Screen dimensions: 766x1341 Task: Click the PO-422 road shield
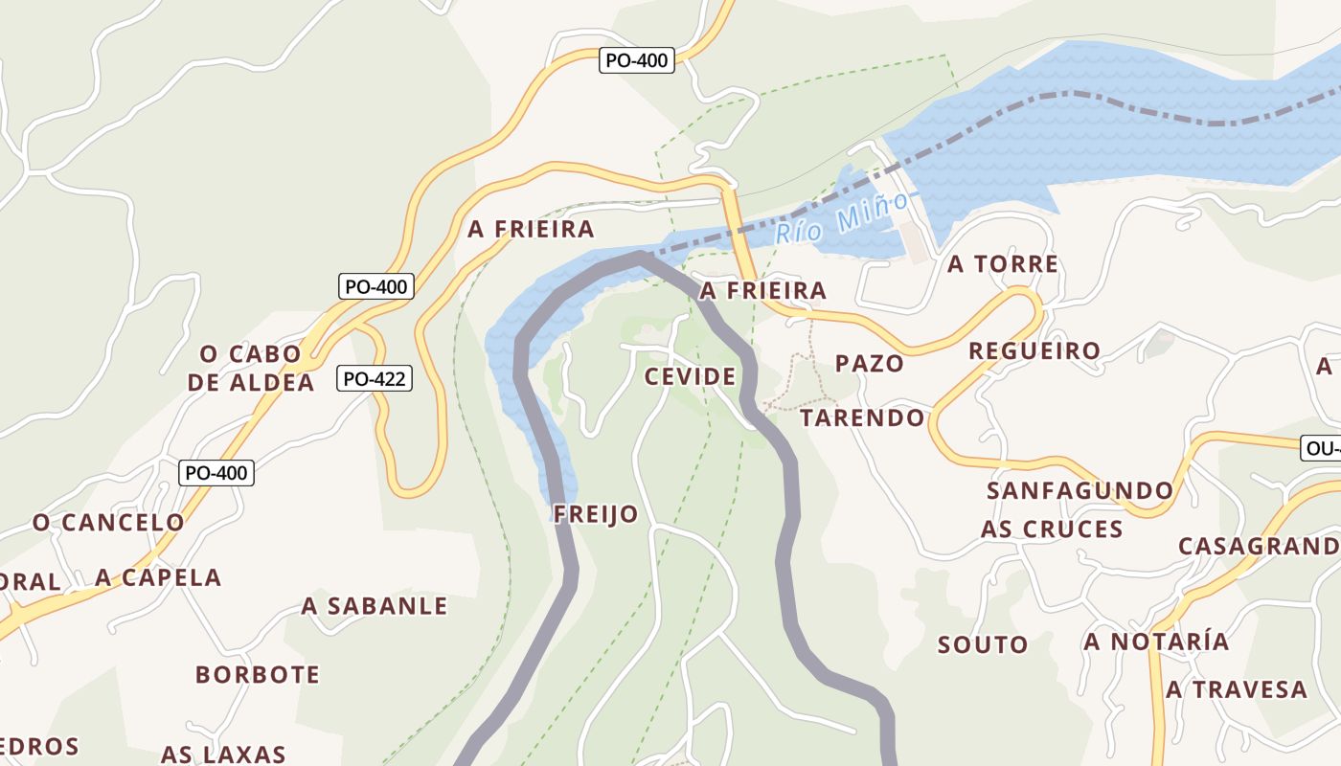click(375, 379)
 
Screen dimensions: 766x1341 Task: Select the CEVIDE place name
click(690, 376)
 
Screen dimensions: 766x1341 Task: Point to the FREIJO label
click(596, 514)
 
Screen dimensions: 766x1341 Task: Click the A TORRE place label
click(1003, 264)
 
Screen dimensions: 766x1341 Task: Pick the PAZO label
click(869, 363)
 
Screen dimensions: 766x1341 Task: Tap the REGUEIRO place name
click(1034, 350)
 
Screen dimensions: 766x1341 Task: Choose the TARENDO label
click(862, 417)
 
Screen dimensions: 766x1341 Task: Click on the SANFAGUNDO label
click(1080, 491)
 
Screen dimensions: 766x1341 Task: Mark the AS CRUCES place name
click(1051, 529)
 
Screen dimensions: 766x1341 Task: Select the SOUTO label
click(983, 644)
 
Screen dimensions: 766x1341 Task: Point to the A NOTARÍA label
click(1156, 641)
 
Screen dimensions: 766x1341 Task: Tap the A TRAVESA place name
click(1236, 689)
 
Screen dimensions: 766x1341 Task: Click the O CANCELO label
click(108, 523)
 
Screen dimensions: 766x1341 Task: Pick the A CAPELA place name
click(158, 577)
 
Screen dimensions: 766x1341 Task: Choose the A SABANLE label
click(375, 606)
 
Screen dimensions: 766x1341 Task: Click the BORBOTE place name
click(258, 674)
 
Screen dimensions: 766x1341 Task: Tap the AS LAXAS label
click(223, 754)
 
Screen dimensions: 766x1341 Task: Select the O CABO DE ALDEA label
click(251, 368)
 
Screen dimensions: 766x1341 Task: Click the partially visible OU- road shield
click(1321, 448)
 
